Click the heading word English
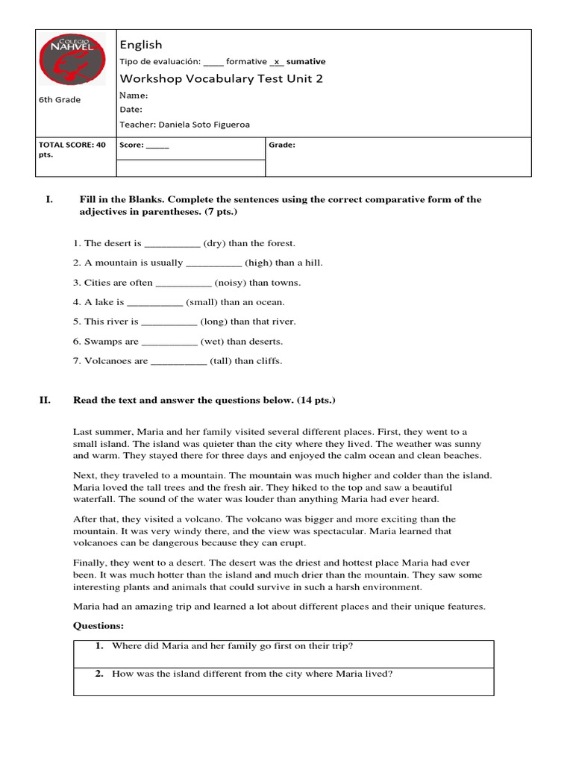[141, 45]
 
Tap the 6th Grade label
[60, 100]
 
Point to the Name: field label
[134, 95]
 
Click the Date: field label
[131, 109]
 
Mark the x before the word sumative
[277, 62]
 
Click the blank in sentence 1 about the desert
[172, 243]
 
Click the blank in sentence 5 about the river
[169, 322]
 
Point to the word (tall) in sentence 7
[221, 361]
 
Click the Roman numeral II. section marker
[45, 401]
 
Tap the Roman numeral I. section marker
[49, 199]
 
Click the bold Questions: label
[98, 625]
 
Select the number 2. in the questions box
[98, 674]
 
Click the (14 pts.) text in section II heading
[316, 401]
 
